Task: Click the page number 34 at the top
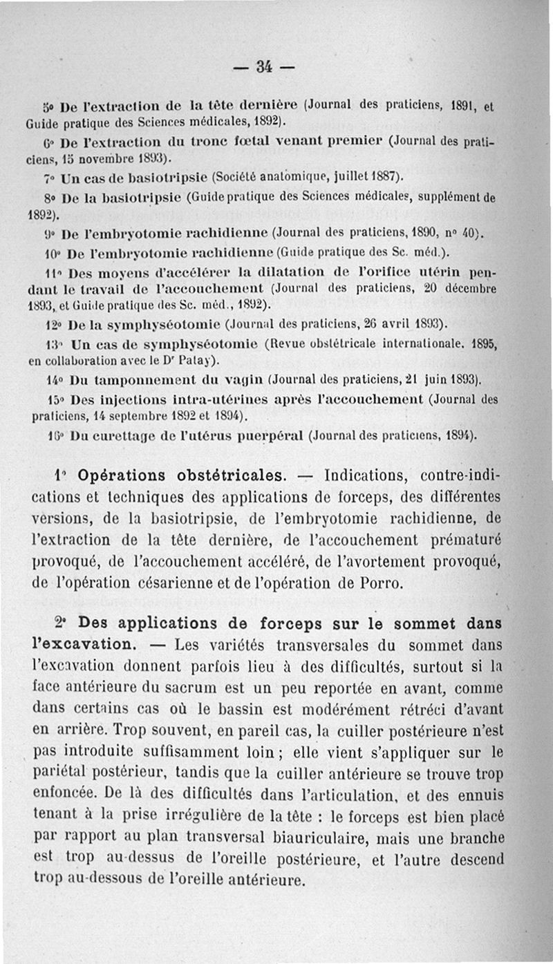(x=263, y=67)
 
